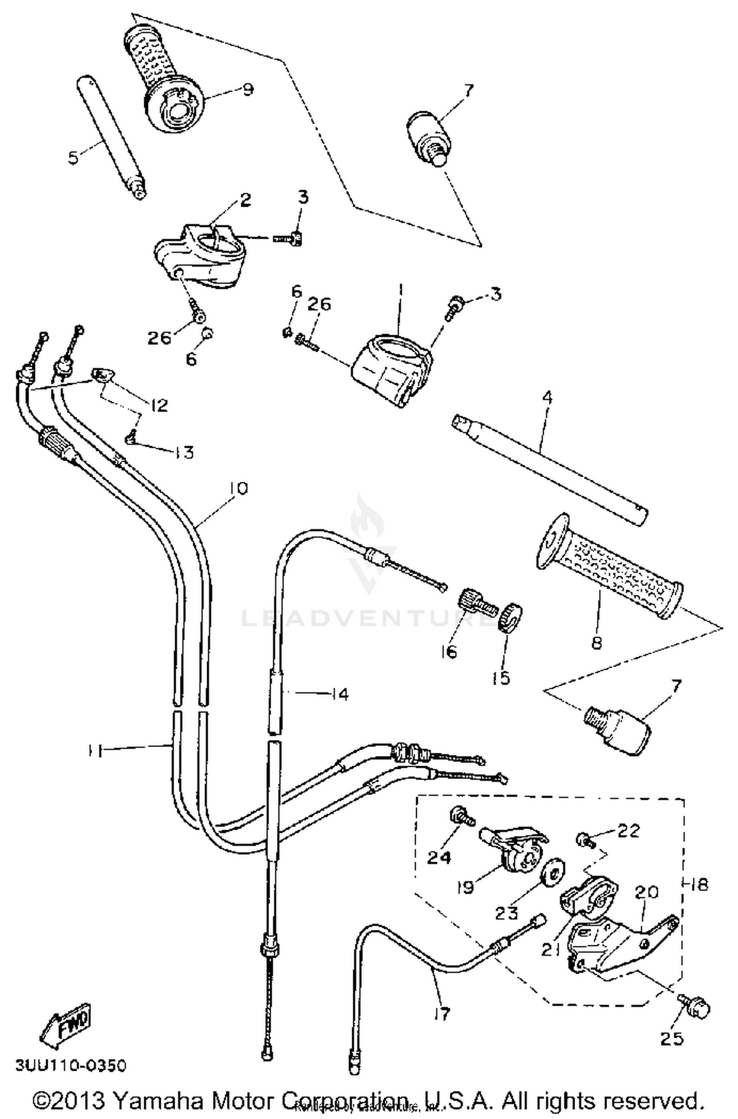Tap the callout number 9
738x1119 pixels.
[x=247, y=90]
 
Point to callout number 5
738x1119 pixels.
[x=73, y=158]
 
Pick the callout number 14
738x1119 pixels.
[x=339, y=694]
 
